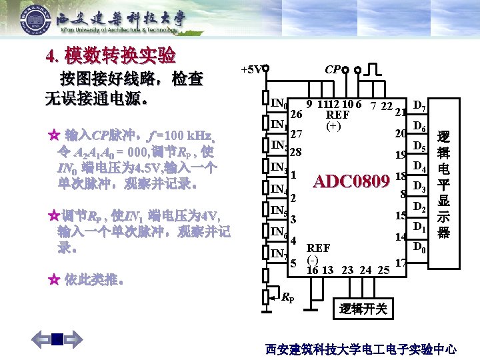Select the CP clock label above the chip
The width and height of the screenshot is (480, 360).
(x=334, y=69)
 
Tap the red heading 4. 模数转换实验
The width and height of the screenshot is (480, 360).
(x=111, y=55)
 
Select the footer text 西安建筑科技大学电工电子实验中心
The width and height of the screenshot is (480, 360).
(x=361, y=349)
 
